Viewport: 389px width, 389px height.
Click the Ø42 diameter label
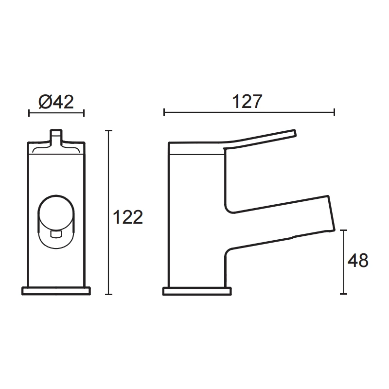pyautogui.click(x=55, y=102)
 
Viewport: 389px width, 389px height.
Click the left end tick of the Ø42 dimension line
pyautogui.click(x=29, y=113)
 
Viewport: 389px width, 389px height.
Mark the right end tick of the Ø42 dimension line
pyautogui.click(x=84, y=113)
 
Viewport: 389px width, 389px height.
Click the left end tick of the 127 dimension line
pyautogui.click(x=164, y=113)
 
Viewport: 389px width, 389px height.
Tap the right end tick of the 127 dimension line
pyautogui.click(x=334, y=113)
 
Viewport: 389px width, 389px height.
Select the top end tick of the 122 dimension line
pyautogui.click(x=109, y=131)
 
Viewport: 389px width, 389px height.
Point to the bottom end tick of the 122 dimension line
pyautogui.click(x=109, y=294)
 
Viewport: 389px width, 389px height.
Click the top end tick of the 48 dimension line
pyautogui.click(x=344, y=230)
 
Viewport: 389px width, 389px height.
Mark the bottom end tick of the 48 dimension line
pyautogui.click(x=344, y=294)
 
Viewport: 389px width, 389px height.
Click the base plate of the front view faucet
pyautogui.click(x=56, y=291)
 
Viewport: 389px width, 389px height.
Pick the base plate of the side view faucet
pyautogui.click(x=196, y=291)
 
